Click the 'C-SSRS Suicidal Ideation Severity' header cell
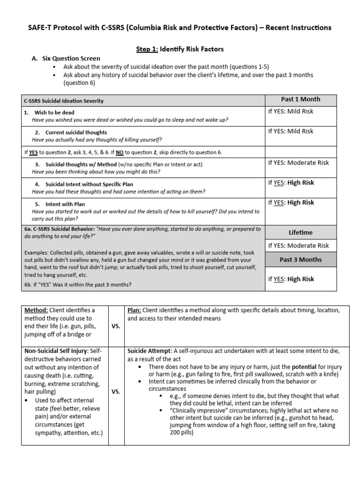click(64, 101)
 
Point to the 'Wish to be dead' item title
click(54, 112)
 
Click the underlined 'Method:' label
click(36, 310)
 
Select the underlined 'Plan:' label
click(134, 310)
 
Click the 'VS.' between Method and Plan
click(115, 327)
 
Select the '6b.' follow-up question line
click(77, 285)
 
